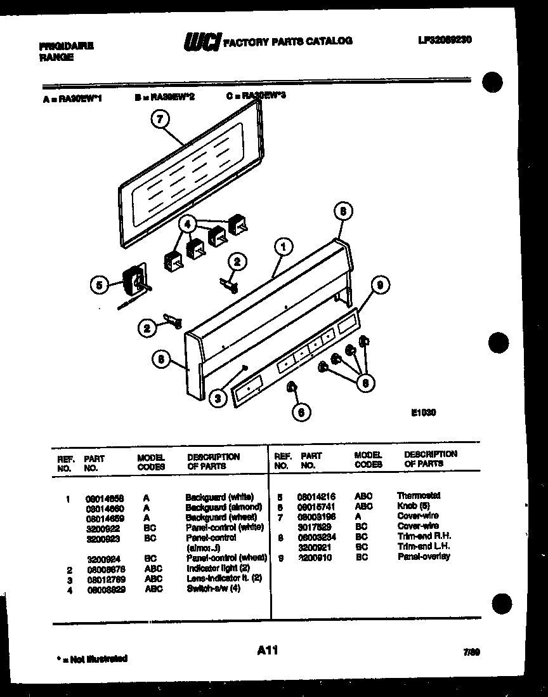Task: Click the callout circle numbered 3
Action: pos(218,398)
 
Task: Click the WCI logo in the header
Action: pos(202,42)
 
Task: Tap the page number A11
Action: pos(268,650)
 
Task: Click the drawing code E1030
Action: pos(424,412)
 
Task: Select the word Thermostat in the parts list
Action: pos(419,496)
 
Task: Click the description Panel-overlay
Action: pos(424,557)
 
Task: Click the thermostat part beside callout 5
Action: pos(134,280)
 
